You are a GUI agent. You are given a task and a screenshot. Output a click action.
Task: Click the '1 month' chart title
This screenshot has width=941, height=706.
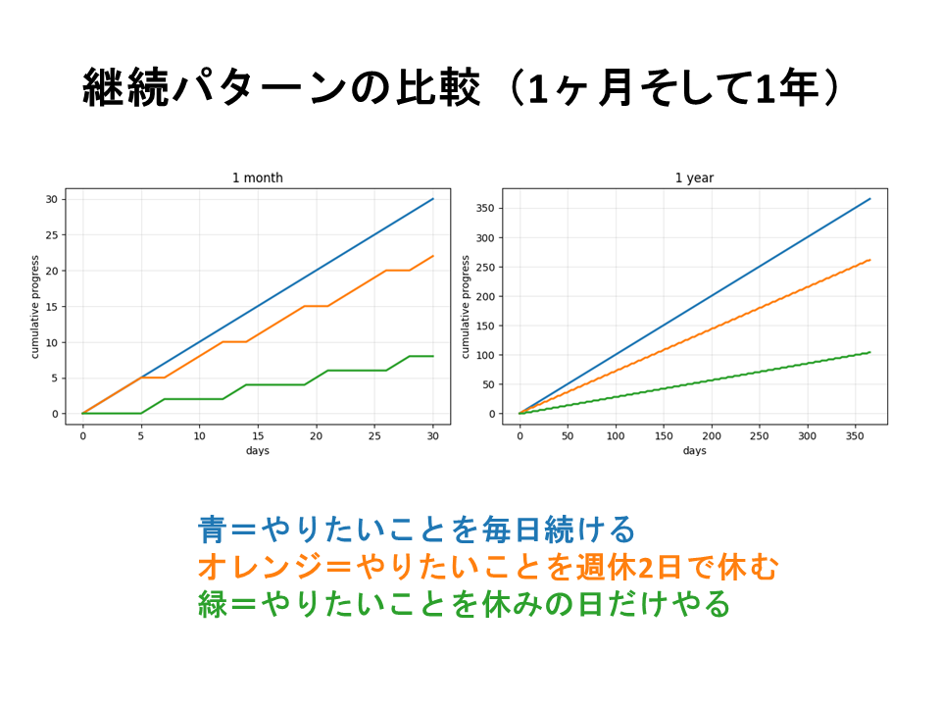[257, 177]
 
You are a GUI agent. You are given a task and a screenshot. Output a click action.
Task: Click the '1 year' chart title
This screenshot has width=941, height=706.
[694, 177]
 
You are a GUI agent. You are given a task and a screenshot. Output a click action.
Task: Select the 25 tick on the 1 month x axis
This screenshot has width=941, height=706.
[374, 435]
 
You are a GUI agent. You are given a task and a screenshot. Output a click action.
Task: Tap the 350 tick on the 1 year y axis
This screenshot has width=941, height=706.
[485, 208]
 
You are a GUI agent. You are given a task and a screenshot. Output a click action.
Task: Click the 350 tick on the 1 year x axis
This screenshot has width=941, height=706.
[855, 435]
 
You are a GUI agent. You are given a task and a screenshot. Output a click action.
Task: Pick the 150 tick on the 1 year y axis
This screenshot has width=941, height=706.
[485, 326]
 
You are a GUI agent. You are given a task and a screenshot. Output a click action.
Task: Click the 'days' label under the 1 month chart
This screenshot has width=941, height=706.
[257, 450]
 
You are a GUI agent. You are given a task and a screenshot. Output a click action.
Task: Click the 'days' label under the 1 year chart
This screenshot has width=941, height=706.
[694, 450]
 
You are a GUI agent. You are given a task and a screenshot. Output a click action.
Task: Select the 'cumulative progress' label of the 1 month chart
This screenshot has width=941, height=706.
[35, 307]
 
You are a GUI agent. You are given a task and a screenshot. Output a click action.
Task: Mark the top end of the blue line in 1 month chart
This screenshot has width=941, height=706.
[433, 199]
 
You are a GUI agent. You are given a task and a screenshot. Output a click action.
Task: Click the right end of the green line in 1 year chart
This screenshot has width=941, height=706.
[869, 352]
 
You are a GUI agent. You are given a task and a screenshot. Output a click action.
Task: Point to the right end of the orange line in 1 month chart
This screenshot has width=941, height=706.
[433, 256]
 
